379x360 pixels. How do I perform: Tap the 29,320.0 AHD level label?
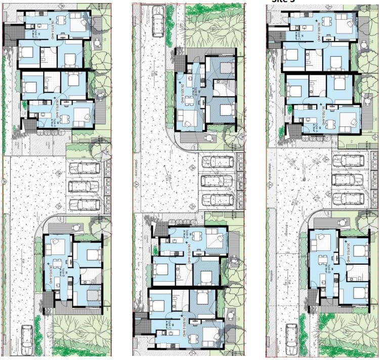point(182,93)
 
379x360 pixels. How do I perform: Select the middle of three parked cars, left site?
point(84,186)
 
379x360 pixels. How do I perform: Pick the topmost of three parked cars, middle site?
point(218,162)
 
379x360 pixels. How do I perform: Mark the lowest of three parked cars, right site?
point(349,196)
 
